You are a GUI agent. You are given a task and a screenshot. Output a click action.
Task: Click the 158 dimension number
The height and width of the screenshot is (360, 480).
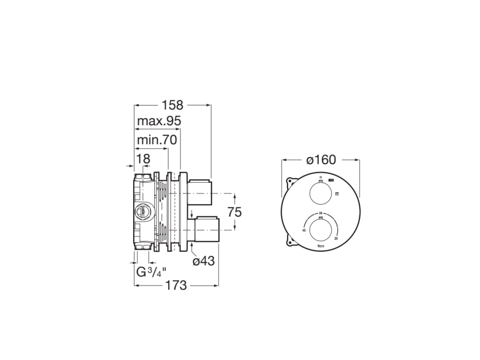(172, 105)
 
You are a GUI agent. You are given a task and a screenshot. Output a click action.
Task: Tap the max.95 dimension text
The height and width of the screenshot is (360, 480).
(159, 121)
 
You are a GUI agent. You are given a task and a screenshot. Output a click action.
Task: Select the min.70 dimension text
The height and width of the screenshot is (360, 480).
(156, 140)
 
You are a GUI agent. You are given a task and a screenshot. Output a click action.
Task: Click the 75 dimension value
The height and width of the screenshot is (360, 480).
(234, 212)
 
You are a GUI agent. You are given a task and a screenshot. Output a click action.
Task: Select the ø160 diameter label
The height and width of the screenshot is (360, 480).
(321, 160)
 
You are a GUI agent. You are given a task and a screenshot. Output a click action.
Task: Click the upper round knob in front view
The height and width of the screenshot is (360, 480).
(321, 194)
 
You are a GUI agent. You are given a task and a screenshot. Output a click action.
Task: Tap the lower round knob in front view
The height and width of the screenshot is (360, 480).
(321, 226)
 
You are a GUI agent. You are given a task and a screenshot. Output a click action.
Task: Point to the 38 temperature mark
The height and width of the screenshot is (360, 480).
(321, 213)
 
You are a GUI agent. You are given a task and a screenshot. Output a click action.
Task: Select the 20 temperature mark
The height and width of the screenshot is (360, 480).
(336, 238)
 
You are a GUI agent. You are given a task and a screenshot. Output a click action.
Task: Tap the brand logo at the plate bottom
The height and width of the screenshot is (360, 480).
(321, 246)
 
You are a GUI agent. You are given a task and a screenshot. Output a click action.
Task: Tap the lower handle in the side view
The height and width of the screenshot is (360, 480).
(206, 229)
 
